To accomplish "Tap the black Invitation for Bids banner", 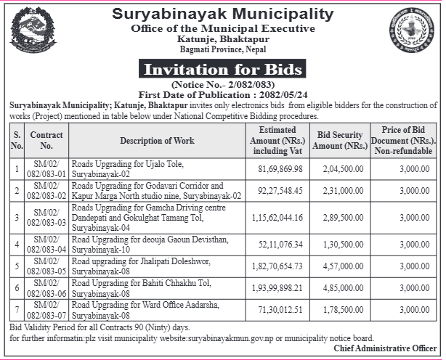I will (222, 70).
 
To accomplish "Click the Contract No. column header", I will (46, 140).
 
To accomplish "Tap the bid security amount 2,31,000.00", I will (340, 191).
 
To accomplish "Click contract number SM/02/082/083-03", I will (46, 217).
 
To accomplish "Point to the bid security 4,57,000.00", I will (340, 266).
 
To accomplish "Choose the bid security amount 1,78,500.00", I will (340, 310).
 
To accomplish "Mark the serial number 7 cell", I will (17, 310).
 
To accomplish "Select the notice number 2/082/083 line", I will (222, 85).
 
